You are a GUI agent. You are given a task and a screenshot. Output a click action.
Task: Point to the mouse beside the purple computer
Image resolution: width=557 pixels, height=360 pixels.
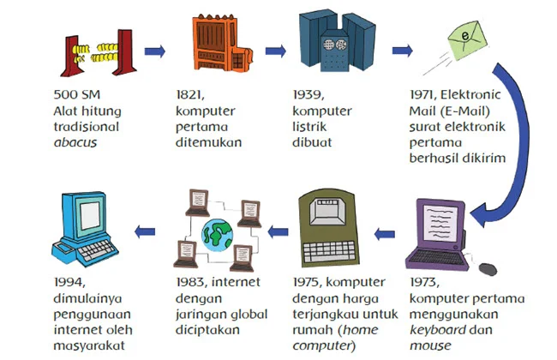[x=488, y=267]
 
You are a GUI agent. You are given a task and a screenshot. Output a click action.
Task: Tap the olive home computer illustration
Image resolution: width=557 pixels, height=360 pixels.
[x=337, y=228]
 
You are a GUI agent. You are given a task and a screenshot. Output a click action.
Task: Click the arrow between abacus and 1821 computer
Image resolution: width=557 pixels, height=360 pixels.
[x=154, y=51]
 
